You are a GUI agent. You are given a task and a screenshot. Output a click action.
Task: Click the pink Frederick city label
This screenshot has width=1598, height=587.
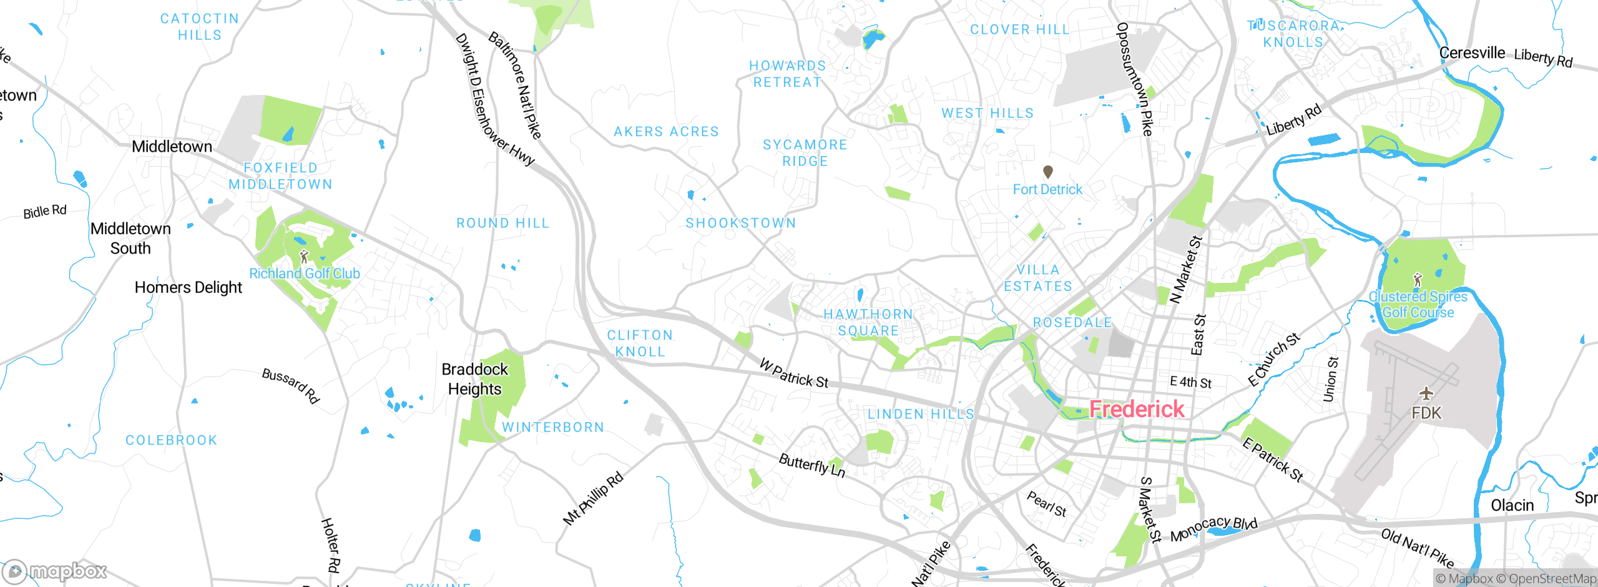[1136, 409]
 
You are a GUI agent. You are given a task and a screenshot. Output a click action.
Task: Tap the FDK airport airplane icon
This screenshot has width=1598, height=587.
[1426, 393]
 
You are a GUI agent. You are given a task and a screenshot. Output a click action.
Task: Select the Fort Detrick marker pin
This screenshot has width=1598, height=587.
[1048, 172]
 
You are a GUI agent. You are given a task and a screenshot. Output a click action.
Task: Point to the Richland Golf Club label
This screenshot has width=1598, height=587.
[305, 274]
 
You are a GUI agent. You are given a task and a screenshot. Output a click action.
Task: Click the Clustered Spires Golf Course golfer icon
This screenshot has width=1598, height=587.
[1418, 279]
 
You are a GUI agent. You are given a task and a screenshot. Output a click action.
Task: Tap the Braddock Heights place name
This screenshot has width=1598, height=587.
[474, 379]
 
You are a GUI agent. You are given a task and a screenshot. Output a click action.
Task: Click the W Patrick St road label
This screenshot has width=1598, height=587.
[794, 373]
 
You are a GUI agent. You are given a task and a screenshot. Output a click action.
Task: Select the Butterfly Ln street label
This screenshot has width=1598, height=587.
[811, 466]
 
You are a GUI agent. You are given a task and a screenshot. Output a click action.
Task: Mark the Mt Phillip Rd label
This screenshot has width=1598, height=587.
[593, 498]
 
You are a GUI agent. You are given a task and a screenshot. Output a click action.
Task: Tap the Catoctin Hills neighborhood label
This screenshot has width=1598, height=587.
[200, 27]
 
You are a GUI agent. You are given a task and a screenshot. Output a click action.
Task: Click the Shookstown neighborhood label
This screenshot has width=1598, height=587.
[741, 223]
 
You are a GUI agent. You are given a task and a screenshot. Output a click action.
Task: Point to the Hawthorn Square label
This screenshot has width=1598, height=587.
[868, 322]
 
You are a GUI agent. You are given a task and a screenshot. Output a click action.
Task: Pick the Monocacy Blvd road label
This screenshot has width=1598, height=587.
[1213, 529]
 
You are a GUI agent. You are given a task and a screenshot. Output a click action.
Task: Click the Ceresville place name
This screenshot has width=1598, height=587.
[1472, 53]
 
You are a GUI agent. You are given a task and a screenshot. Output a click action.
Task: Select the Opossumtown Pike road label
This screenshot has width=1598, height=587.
[1134, 79]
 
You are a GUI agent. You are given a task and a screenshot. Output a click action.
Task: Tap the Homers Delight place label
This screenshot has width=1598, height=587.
[189, 287]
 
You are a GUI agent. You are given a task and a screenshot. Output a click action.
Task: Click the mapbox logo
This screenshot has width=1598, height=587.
[55, 571]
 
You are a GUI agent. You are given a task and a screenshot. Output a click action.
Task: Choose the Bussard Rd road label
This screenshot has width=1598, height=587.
[291, 385]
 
